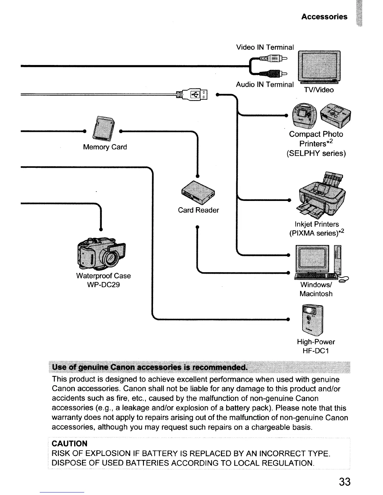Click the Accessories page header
click(324, 17)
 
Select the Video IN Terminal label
click(265, 47)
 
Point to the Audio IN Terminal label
click(265, 84)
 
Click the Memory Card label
click(105, 147)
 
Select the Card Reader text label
click(198, 210)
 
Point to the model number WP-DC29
click(103, 285)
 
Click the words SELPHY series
click(316, 153)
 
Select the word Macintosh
click(316, 294)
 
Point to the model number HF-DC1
click(316, 351)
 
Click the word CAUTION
click(69, 444)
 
